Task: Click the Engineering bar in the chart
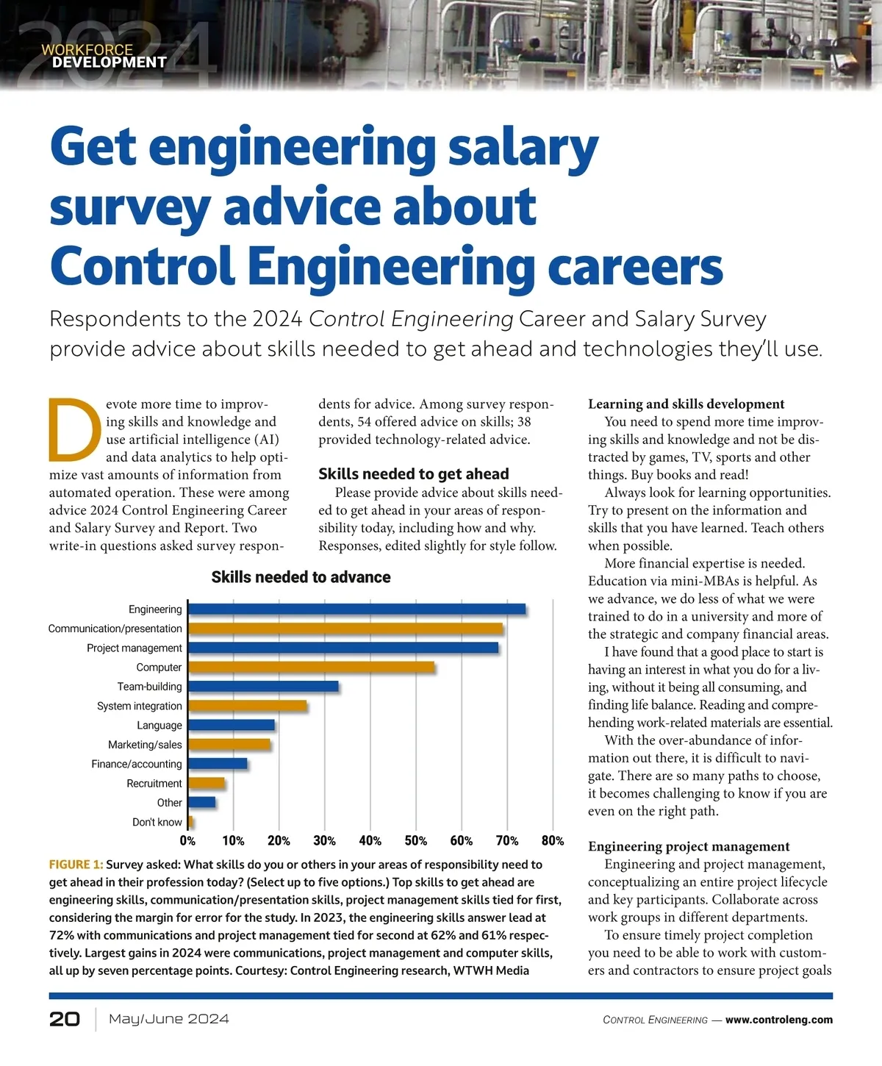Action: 357,609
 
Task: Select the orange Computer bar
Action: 312,667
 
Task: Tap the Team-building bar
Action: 264,687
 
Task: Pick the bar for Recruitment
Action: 207,783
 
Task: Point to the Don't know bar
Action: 191,822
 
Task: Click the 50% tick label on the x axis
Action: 415,840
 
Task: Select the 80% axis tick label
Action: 552,840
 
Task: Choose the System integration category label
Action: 140,706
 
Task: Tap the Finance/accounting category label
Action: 137,764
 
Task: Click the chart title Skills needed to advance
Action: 301,577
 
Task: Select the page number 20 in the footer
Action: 65,1019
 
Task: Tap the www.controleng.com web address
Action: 779,1020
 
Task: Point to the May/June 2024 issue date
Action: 168,1019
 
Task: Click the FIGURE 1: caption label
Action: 76,865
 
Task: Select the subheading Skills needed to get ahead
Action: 413,474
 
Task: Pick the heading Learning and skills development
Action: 686,404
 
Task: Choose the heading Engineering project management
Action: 689,846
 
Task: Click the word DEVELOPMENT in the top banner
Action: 110,62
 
